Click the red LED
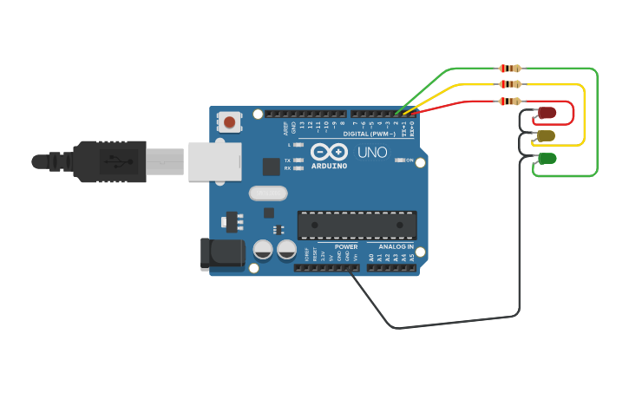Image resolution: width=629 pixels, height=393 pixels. coord(547,113)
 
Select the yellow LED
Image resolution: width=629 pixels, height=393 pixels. coord(546,135)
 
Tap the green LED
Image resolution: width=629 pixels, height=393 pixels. coord(547,158)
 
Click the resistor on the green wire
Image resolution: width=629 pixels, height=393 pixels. coord(510,68)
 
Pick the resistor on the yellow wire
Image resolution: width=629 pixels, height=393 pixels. coord(510,84)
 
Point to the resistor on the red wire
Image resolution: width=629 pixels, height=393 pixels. coord(510,102)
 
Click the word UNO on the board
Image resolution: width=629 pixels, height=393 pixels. coord(372,153)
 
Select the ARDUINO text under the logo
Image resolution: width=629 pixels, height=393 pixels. coord(329,166)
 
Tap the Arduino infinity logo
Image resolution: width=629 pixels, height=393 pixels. coord(329,152)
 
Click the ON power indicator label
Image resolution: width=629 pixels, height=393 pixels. coord(410,160)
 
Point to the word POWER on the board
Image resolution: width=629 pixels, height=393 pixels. coord(346,247)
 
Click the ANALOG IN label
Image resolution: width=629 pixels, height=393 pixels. coord(396,247)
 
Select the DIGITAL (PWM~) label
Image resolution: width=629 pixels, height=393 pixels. coord(369,134)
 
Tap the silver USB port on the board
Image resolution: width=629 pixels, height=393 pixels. coord(214,161)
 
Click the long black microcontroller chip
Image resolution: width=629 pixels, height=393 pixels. coord(357,225)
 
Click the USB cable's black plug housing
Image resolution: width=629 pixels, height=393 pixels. coord(109,161)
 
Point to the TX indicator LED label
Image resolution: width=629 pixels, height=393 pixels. coord(288,160)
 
